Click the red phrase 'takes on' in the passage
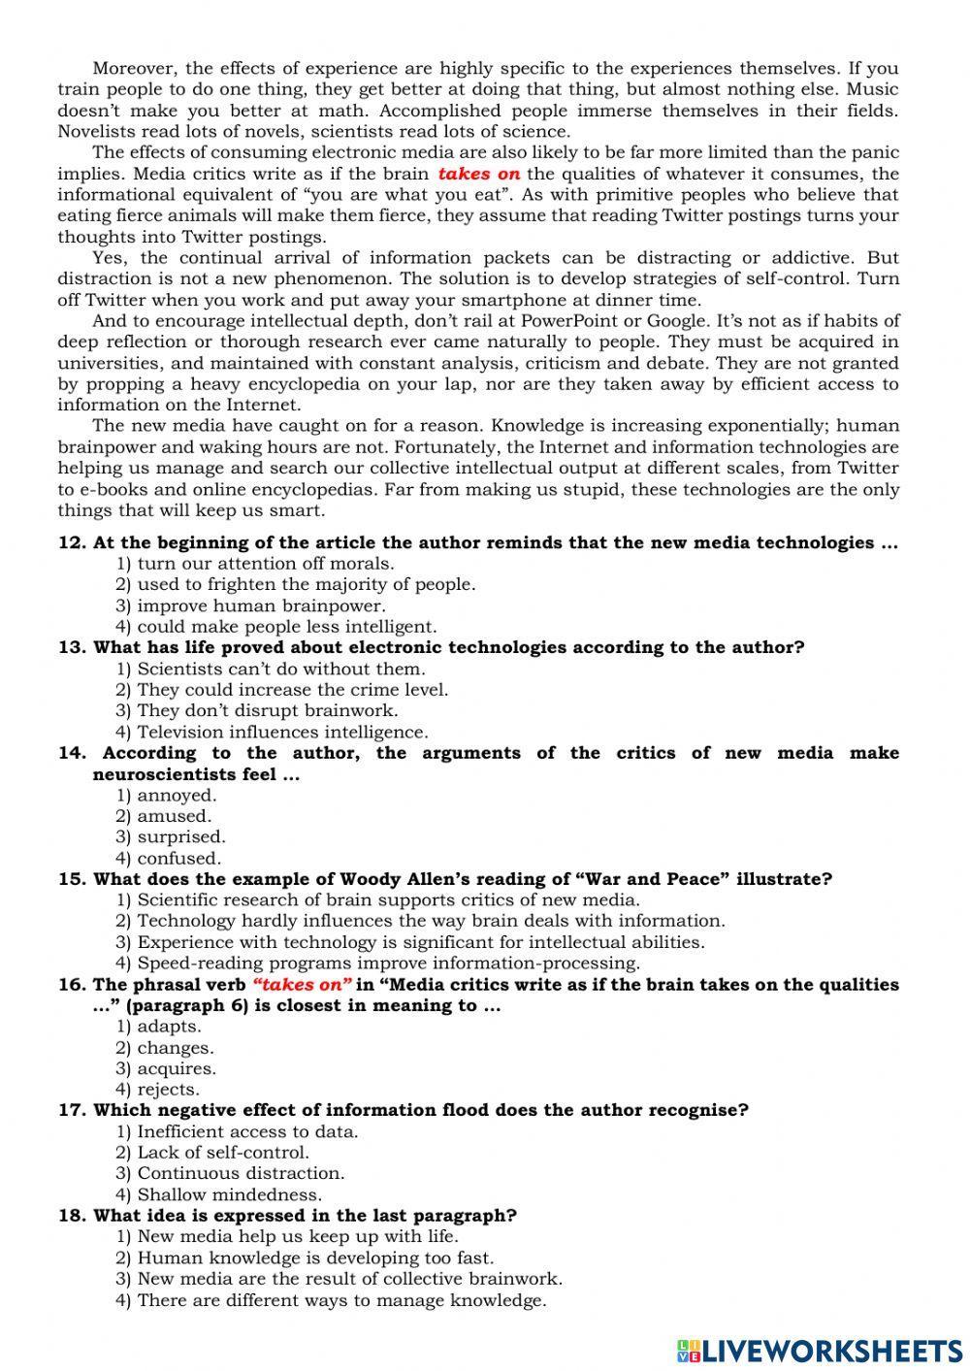tap(479, 175)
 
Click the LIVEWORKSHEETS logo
tap(820, 1350)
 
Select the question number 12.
tap(73, 542)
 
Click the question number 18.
tap(73, 1216)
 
